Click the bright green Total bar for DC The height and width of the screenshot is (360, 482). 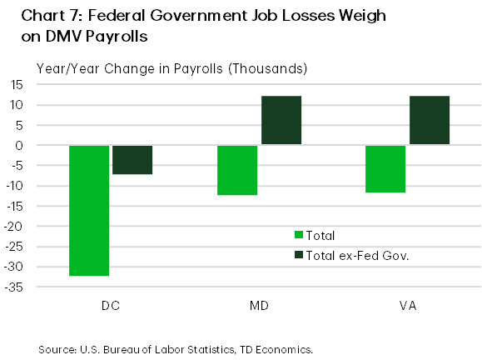(x=89, y=210)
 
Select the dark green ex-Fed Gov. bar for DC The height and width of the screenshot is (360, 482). (x=132, y=159)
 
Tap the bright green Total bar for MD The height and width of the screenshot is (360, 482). (x=237, y=170)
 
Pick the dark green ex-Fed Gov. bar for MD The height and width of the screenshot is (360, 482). (x=281, y=120)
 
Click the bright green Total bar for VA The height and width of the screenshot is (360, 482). (x=385, y=169)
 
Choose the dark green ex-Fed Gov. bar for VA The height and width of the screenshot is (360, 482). (x=430, y=120)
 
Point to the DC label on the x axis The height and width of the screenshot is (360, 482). (x=111, y=306)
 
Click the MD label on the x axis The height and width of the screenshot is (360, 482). (x=259, y=306)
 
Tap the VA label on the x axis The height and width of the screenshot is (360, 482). (x=408, y=306)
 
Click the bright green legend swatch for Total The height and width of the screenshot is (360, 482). (x=300, y=236)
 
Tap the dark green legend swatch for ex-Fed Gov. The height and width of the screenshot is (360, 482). (x=300, y=255)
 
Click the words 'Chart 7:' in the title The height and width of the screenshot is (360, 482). (x=42, y=16)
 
